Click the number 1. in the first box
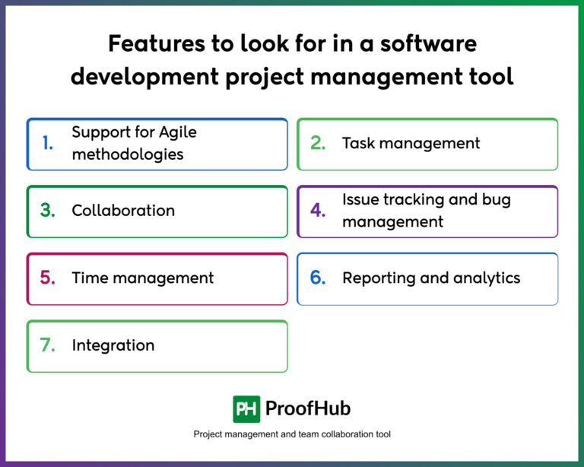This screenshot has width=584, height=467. tap(47, 144)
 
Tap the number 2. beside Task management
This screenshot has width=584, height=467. tap(318, 144)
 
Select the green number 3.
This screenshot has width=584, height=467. tap(47, 211)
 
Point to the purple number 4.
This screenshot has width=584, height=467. tap(318, 211)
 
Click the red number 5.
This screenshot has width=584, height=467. tap(47, 278)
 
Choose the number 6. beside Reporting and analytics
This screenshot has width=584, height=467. tap(318, 278)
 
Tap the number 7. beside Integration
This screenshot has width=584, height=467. tap(47, 345)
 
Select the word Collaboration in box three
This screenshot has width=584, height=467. tap(123, 211)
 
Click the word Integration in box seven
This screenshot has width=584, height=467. tap(113, 345)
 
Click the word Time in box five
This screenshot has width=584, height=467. tap(90, 278)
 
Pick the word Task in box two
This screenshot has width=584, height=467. tap(359, 143)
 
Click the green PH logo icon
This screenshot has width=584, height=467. tap(246, 408)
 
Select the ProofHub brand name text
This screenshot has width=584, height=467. tap(307, 408)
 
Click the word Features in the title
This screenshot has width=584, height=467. tap(155, 44)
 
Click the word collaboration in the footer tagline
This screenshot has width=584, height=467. tap(348, 434)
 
